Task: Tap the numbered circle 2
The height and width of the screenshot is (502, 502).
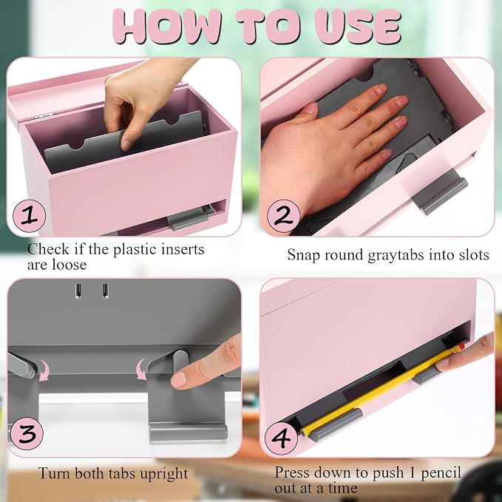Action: click(x=283, y=216)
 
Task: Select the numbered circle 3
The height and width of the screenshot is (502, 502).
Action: click(x=27, y=433)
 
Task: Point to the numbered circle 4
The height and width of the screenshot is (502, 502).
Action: click(x=281, y=438)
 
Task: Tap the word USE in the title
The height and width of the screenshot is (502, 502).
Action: click(x=358, y=27)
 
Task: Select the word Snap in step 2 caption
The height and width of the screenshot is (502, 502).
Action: click(x=304, y=256)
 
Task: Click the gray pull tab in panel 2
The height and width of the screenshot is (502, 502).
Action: click(x=440, y=192)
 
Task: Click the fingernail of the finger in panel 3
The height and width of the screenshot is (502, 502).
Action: click(x=179, y=380)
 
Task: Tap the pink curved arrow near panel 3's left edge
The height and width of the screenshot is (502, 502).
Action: click(x=43, y=370)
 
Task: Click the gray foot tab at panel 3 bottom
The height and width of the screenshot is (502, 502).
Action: click(x=189, y=433)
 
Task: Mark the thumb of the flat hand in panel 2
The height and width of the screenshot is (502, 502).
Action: click(x=306, y=112)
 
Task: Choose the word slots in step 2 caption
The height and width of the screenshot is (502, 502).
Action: click(x=474, y=255)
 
